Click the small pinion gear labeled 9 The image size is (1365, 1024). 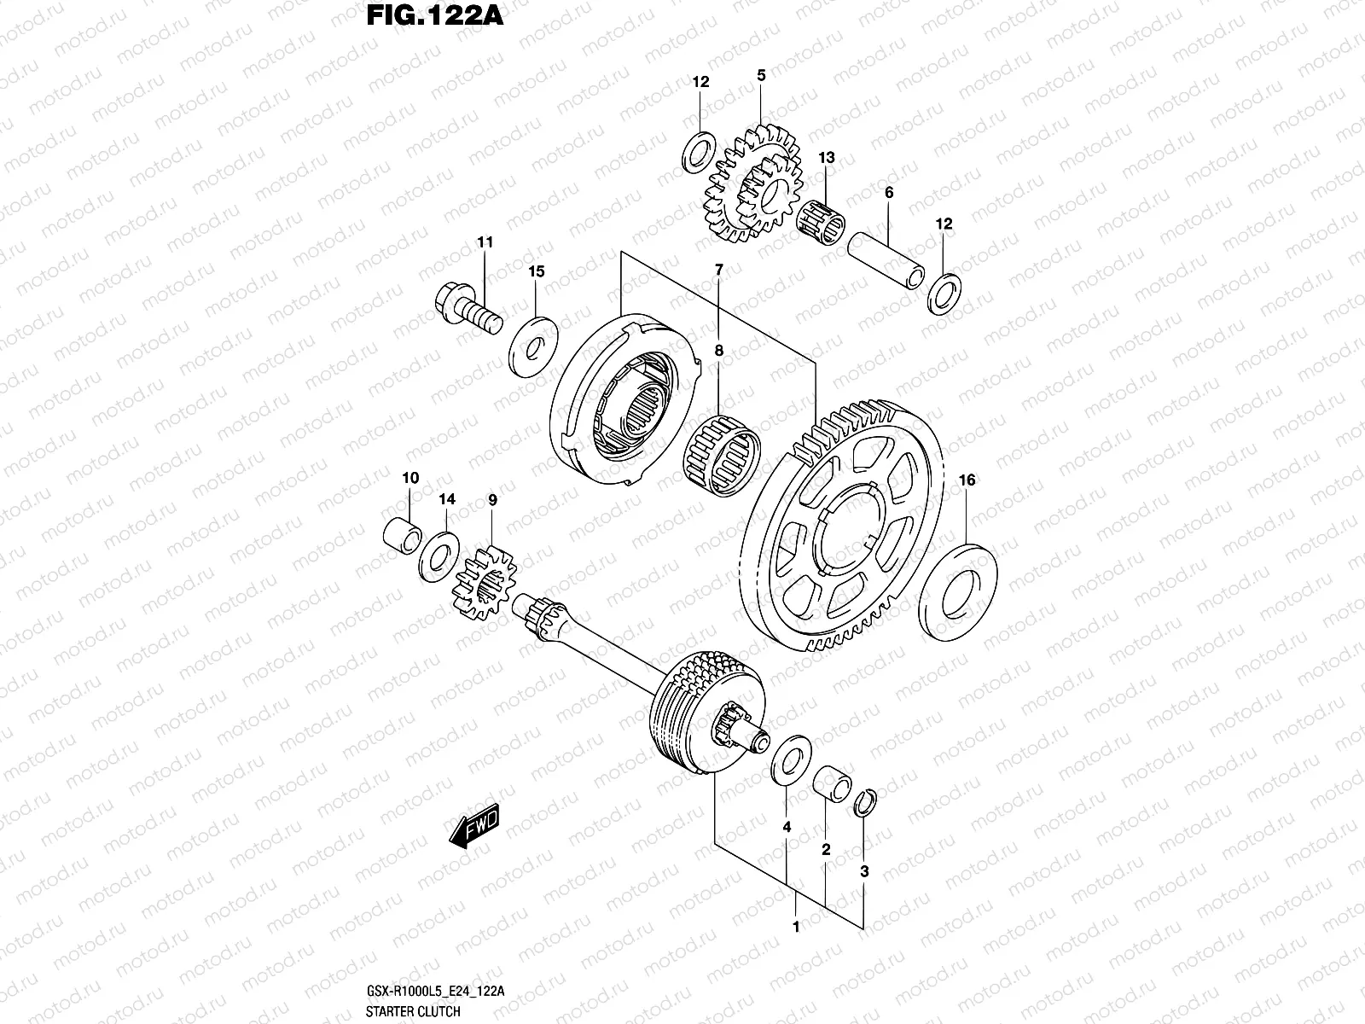484,581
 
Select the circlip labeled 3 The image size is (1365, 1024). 864,802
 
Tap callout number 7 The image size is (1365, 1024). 718,271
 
